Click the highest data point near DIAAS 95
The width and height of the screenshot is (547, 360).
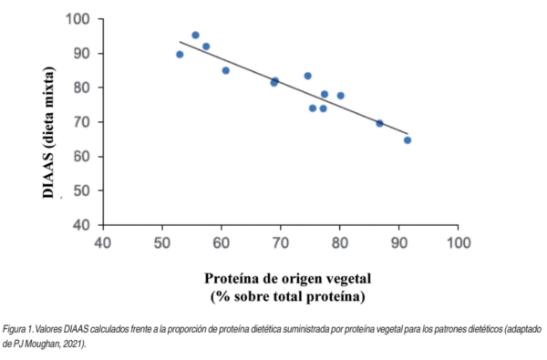click(195, 35)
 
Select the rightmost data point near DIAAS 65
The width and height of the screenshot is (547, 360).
click(408, 140)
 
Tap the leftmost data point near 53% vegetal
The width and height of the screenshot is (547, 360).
click(180, 55)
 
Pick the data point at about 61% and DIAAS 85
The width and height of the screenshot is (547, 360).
click(226, 70)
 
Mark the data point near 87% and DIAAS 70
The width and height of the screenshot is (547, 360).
click(380, 123)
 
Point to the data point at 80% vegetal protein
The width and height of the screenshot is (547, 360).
click(341, 96)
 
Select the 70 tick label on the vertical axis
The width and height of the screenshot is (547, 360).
click(82, 122)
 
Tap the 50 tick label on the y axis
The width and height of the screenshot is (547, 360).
click(82, 190)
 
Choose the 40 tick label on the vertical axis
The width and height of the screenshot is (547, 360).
click(82, 225)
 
